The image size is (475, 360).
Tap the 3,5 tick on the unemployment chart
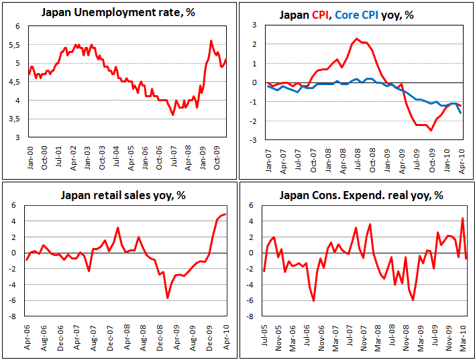pyautogui.click(x=19, y=119)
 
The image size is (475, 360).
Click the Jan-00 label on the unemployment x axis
pyautogui.click(x=30, y=156)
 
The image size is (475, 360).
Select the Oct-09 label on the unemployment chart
pyautogui.click(x=217, y=156)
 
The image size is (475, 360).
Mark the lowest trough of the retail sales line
pyautogui.click(x=167, y=298)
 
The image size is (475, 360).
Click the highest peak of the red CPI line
pyautogui.click(x=356, y=39)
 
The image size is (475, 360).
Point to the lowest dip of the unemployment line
pyautogui.click(x=172, y=115)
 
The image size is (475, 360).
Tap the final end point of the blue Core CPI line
pyautogui.click(x=460, y=113)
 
